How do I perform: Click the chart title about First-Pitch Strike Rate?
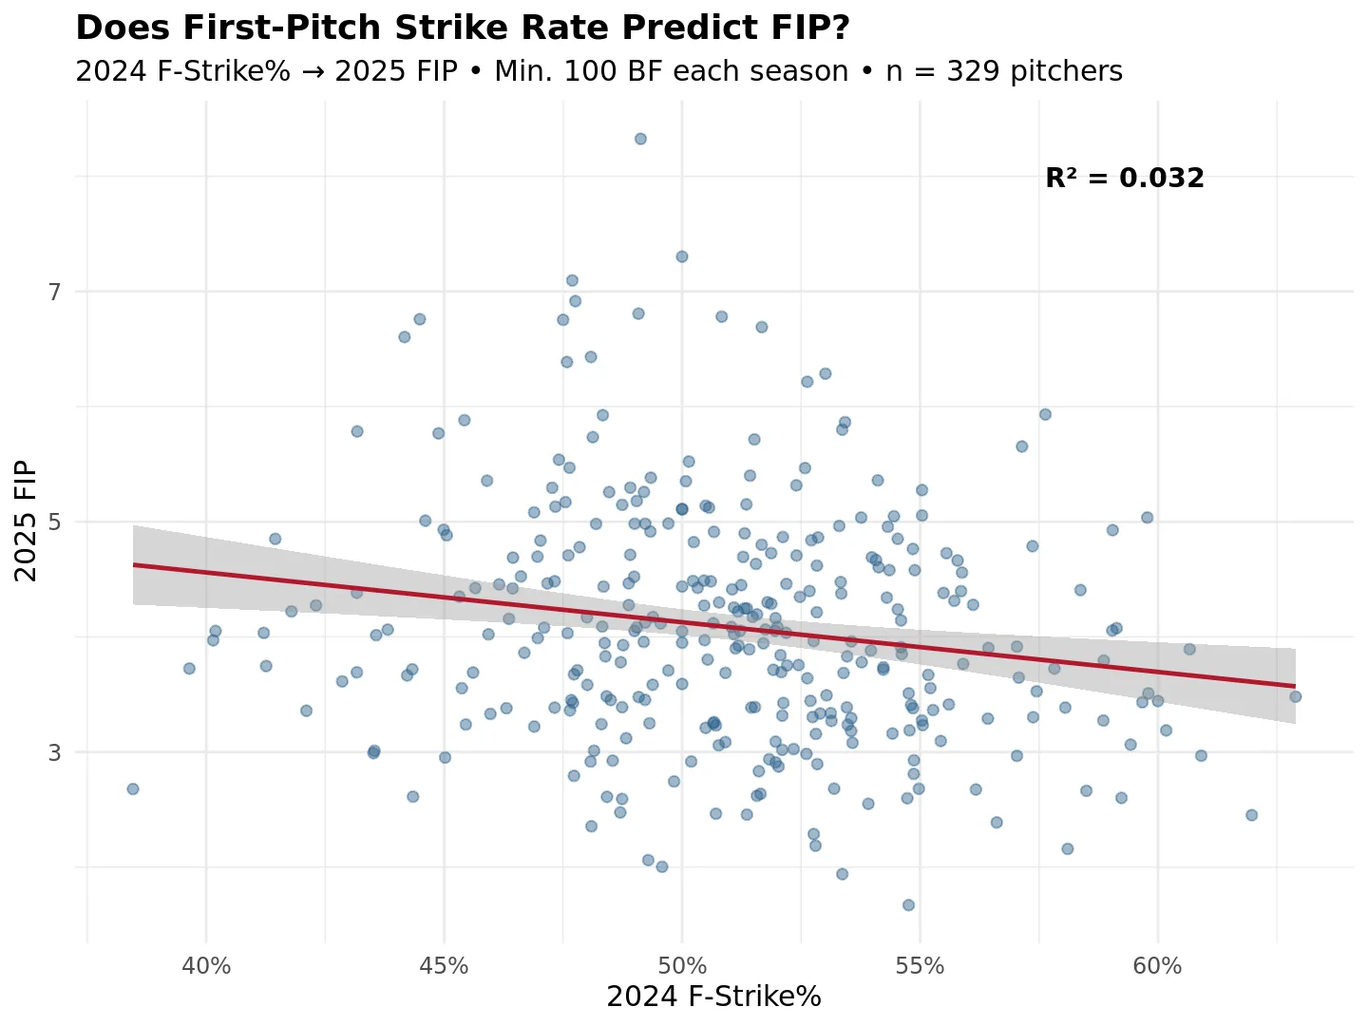[463, 28]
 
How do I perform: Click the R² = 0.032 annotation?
[1124, 178]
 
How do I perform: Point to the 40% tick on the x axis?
[206, 966]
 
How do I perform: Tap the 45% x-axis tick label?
[444, 966]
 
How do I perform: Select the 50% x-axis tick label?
[682, 966]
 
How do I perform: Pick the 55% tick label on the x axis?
[920, 966]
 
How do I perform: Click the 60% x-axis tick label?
[1157, 966]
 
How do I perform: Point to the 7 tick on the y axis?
[55, 292]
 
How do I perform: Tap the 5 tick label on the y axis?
[55, 522]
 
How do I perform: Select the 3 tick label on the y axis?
[55, 752]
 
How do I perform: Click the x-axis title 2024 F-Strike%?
[713, 997]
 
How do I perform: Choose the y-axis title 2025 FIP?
[26, 521]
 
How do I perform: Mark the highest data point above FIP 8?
[640, 139]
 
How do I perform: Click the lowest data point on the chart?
[908, 904]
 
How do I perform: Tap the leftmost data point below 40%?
[133, 788]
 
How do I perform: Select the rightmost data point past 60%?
[1295, 696]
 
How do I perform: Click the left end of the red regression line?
[134, 564]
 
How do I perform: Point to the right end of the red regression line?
[1295, 686]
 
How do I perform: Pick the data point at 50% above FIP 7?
[681, 256]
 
